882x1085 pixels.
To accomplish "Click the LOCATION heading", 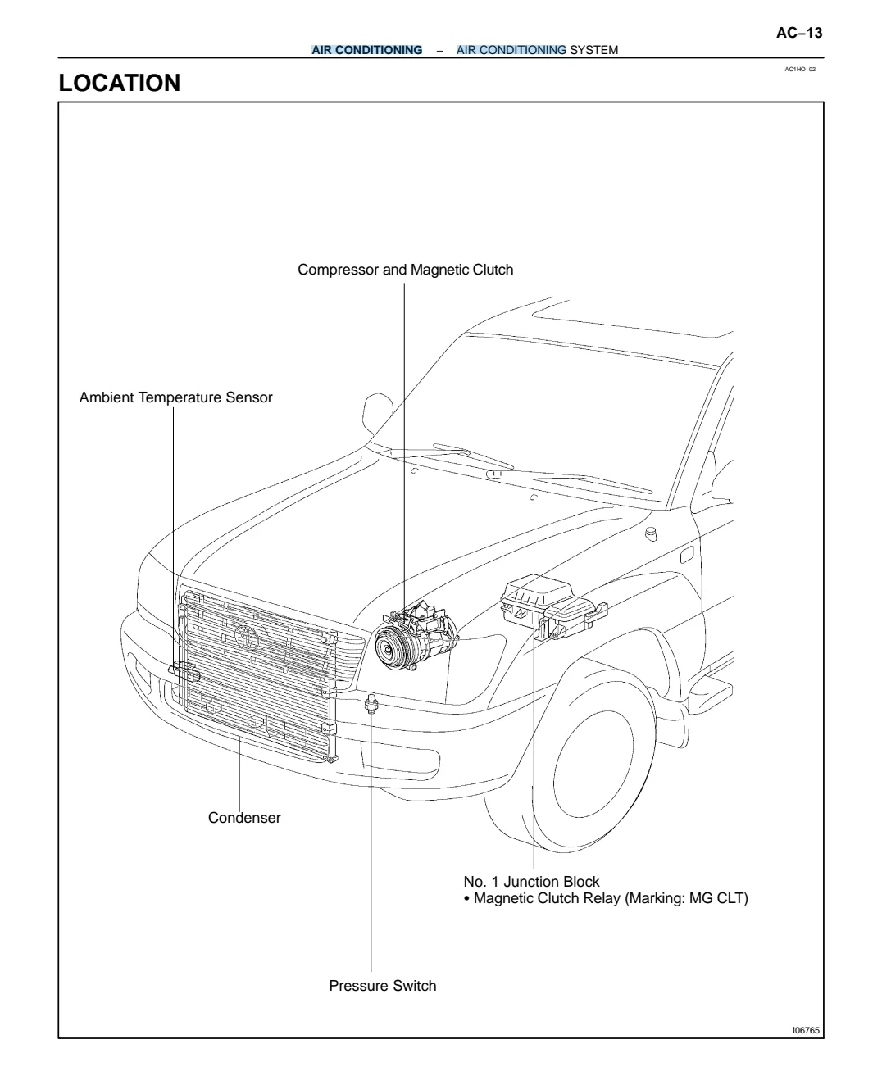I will [x=120, y=83].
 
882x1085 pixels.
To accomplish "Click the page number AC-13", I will [x=798, y=33].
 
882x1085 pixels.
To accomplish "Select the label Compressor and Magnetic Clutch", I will [x=405, y=270].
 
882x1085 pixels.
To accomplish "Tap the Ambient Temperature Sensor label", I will [x=175, y=398].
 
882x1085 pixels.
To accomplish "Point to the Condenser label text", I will [x=244, y=818].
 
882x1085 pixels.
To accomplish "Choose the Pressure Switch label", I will [x=382, y=986].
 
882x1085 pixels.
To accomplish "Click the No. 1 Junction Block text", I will [x=531, y=882].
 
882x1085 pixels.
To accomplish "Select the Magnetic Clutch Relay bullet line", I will [x=606, y=899].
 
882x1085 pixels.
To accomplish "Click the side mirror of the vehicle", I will [x=378, y=411].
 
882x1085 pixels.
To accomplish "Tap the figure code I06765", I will [x=806, y=1030].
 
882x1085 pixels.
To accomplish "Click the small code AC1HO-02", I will [x=800, y=70].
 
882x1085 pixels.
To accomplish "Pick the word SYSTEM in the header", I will [x=593, y=50].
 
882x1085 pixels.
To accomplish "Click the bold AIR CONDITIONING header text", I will [x=367, y=50].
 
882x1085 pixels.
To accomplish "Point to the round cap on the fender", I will [x=651, y=535].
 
